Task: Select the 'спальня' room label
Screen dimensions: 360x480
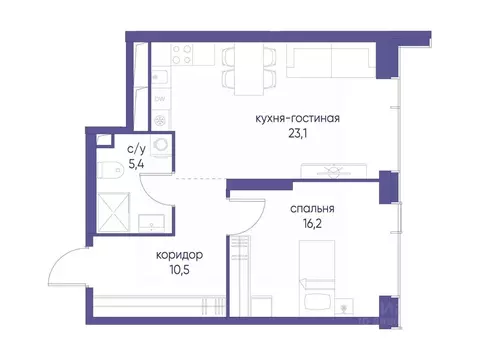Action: pyautogui.click(x=314, y=209)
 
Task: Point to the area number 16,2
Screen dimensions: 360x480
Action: pyautogui.click(x=314, y=226)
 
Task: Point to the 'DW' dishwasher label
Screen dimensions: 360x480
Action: pyautogui.click(x=160, y=98)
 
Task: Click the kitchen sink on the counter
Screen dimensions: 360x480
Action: pyautogui.click(x=160, y=70)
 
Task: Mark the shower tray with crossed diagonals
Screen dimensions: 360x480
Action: pyautogui.click(x=113, y=214)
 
